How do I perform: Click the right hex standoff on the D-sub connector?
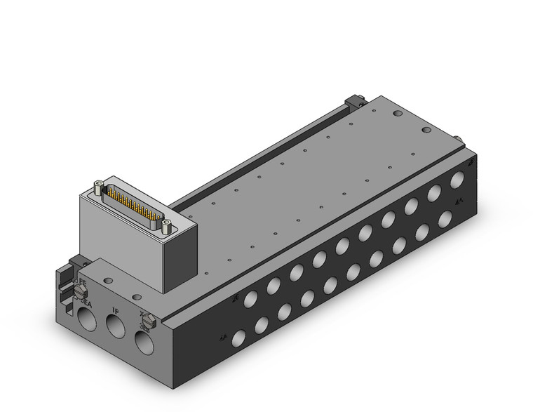166,225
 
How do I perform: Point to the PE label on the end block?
82,282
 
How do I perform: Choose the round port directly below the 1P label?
114,327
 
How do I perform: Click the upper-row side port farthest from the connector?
457,179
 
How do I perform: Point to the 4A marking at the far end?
458,201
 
